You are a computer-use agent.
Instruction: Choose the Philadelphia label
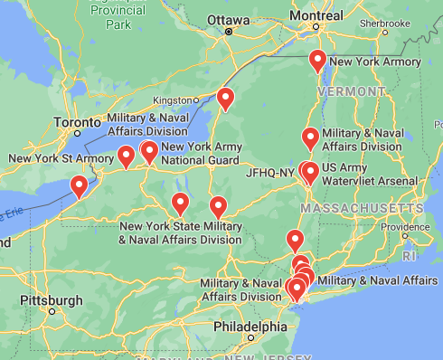pyautogui.click(x=250, y=326)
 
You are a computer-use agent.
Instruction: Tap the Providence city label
pyautogui.click(x=411, y=226)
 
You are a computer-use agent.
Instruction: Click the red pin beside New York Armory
pyautogui.click(x=317, y=62)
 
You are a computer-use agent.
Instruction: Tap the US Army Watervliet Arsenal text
pyautogui.click(x=370, y=175)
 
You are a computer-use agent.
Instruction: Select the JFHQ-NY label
pyautogui.click(x=270, y=172)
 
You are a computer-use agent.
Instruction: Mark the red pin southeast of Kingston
pyautogui.click(x=225, y=98)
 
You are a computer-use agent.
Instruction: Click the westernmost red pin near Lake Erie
pyautogui.click(x=80, y=187)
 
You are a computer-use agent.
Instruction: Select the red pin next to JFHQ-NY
pyautogui.click(x=309, y=172)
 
